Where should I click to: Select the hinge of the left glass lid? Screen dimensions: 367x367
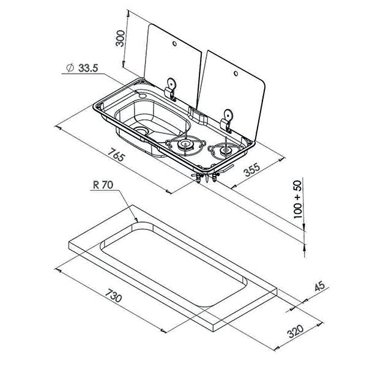point(169,89)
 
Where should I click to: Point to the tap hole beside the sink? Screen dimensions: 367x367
point(143,95)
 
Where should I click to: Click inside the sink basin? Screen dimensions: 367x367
point(153,119)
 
